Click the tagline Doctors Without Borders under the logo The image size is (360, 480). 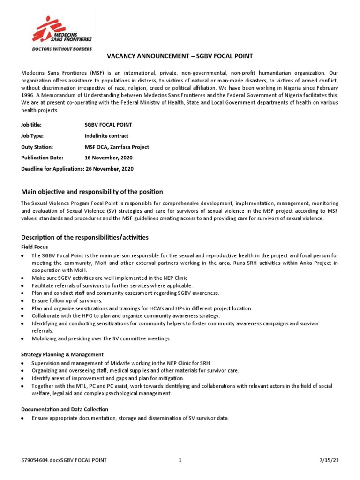(x=61, y=48)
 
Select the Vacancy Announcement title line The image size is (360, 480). (x=180, y=56)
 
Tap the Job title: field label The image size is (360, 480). (x=31, y=125)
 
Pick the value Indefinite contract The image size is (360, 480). (x=106, y=136)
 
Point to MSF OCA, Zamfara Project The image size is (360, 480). (x=117, y=147)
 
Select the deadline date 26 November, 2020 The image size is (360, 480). (x=110, y=169)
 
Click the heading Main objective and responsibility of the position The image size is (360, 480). (x=92, y=191)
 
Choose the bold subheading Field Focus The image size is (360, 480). (x=34, y=247)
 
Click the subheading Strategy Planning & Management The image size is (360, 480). (x=62, y=354)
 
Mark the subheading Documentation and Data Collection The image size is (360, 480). (x=65, y=409)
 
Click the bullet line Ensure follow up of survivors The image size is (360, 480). (x=67, y=300)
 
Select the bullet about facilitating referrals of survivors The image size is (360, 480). (x=112, y=285)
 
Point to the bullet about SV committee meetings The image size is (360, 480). (x=101, y=338)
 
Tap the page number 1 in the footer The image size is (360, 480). (x=180, y=461)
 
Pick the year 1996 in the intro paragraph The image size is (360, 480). (x=28, y=95)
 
